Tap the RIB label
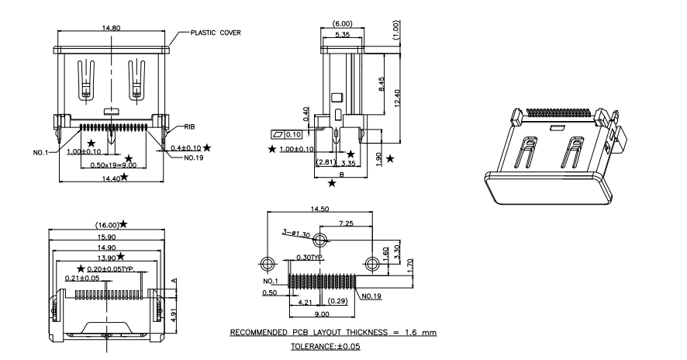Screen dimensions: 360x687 [x=190, y=126]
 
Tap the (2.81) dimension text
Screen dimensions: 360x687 [x=326, y=163]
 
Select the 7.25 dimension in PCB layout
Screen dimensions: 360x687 [x=346, y=223]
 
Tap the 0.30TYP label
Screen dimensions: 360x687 [x=309, y=257]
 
